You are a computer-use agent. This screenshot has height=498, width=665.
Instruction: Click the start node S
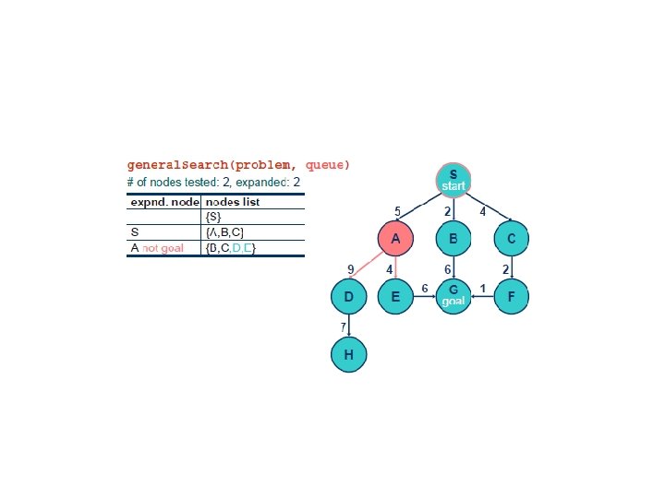453,179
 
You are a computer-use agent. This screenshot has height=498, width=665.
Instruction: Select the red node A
396,239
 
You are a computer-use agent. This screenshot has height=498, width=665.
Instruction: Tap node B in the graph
453,239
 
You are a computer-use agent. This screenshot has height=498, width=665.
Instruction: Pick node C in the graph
511,239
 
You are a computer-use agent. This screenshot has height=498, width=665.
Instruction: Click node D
348,297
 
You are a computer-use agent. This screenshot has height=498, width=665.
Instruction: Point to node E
396,297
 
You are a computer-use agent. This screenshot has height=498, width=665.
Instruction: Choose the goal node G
453,297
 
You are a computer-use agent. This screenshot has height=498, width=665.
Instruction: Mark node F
512,297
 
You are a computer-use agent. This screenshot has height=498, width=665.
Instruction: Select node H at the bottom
348,355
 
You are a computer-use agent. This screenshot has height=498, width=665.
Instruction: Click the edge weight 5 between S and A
397,211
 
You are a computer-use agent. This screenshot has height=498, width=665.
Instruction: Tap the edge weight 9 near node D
350,269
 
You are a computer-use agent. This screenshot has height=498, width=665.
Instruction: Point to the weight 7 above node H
343,327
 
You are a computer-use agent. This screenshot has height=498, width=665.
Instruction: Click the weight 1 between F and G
483,290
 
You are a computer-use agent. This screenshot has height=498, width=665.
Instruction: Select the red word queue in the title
328,165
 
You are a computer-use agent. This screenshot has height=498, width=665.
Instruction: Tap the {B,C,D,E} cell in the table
231,248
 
